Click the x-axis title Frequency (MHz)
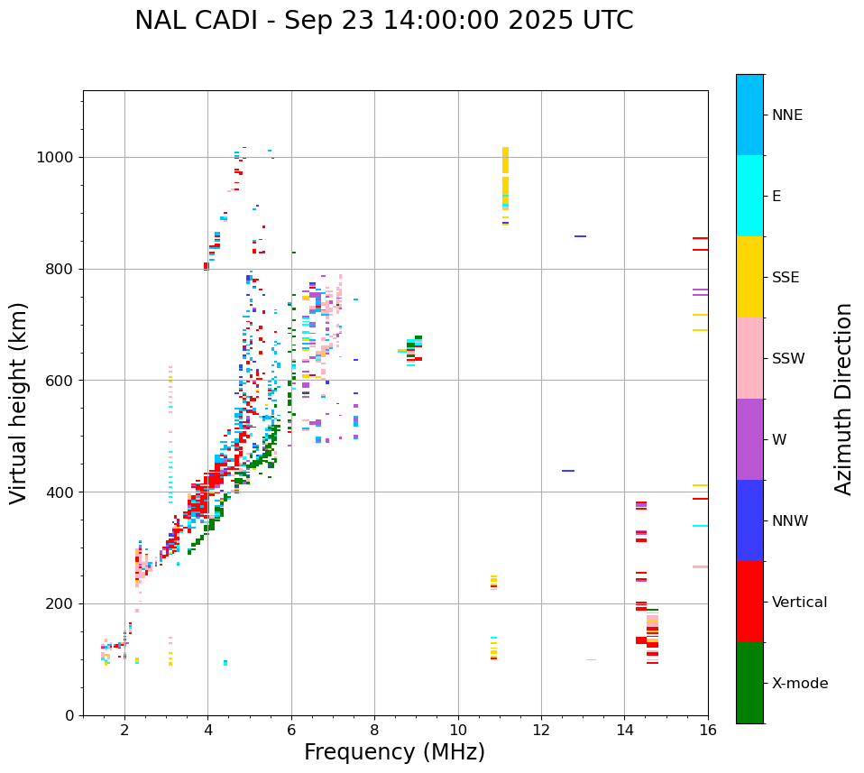pos(394,752)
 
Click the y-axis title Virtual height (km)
pos(19,403)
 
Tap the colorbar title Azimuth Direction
pos(843,399)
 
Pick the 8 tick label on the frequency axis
pos(374,730)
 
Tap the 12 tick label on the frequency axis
pos(541,730)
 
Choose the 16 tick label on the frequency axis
pos(708,730)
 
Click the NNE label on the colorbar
pos(786,115)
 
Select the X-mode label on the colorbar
pos(800,684)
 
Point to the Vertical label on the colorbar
pos(800,603)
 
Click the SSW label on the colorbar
pos(788,359)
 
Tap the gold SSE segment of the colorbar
pos(749,277)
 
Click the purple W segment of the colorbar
pos(749,439)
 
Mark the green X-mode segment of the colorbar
pos(749,683)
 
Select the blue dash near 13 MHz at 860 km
pos(580,236)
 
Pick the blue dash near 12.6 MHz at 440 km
pos(568,471)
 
